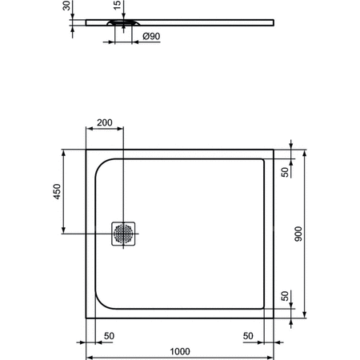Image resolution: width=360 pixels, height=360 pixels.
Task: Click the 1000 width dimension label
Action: (180, 350)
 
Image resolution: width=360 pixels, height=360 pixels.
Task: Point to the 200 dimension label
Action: (104, 124)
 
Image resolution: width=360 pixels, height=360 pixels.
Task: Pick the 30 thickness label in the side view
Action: (68, 7)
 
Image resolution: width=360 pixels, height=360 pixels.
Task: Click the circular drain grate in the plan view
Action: (124, 233)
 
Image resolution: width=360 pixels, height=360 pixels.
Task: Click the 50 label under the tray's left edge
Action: (108, 335)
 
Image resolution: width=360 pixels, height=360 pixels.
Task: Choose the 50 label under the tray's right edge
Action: (250, 335)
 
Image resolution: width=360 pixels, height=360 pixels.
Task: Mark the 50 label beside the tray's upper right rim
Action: (286, 171)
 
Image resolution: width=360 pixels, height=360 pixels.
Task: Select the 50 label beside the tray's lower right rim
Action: (286, 296)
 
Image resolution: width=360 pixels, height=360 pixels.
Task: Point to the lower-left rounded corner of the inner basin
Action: (102, 303)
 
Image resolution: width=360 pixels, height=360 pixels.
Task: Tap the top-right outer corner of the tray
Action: (274, 149)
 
